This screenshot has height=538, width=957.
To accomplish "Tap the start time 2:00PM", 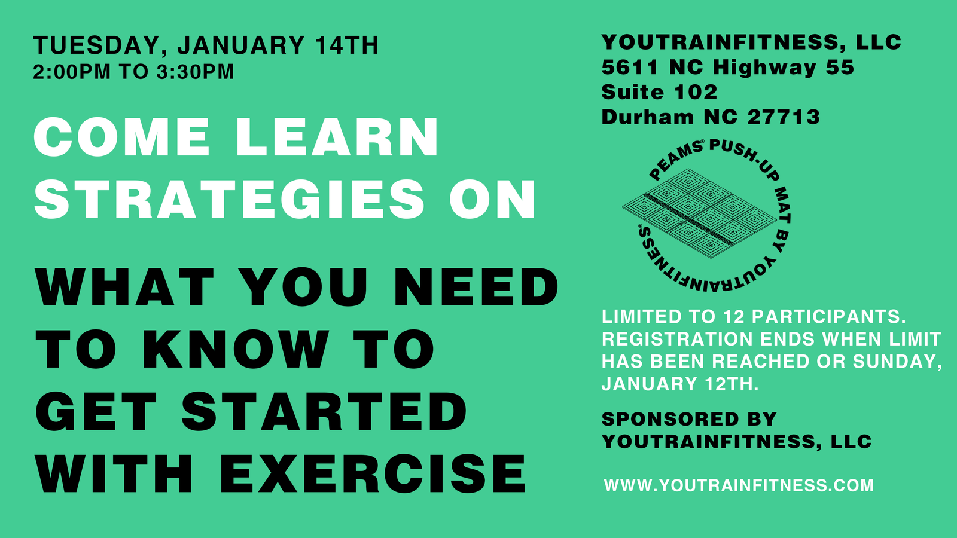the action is pyautogui.click(x=72, y=71).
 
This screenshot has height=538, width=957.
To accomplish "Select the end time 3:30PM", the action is pyautogui.click(x=195, y=71).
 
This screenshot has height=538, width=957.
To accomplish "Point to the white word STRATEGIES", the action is pyautogui.click(x=230, y=199).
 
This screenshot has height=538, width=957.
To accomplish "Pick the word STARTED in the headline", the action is pyautogui.click(x=325, y=411).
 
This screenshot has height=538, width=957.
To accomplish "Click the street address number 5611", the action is pyautogui.click(x=630, y=68).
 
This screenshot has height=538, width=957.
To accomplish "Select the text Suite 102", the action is pyautogui.click(x=659, y=92).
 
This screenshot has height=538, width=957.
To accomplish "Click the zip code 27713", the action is pyautogui.click(x=784, y=117).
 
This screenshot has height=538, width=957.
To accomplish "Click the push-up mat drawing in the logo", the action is pyautogui.click(x=700, y=213).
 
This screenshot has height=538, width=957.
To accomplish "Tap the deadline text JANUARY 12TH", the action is pyautogui.click(x=680, y=384).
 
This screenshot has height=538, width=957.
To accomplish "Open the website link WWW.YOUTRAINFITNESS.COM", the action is pyautogui.click(x=739, y=485).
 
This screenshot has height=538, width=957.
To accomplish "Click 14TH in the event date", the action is pyautogui.click(x=347, y=45).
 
